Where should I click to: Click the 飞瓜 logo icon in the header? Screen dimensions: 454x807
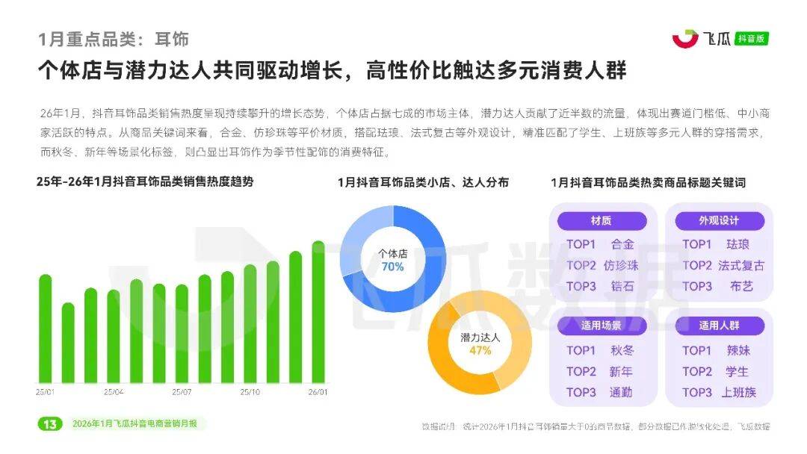pyautogui.click(x=684, y=38)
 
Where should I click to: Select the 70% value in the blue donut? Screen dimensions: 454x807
pyautogui.click(x=392, y=267)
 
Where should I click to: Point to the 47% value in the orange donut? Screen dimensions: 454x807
pyautogui.click(x=480, y=351)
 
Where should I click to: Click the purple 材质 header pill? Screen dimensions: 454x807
pyautogui.click(x=602, y=221)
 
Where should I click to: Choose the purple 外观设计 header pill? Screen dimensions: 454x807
pyautogui.click(x=719, y=221)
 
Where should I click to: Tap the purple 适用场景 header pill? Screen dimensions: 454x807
pyautogui.click(x=602, y=326)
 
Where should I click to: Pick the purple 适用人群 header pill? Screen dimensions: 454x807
pyautogui.click(x=719, y=326)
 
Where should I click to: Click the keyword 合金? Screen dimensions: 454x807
pyautogui.click(x=622, y=244)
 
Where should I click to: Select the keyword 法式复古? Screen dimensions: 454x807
pyautogui.click(x=741, y=265)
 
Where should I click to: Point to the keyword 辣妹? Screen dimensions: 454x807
pyautogui.click(x=738, y=350)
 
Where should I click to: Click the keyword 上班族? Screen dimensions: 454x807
pyautogui.click(x=739, y=392)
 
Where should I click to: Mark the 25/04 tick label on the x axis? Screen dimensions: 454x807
pyautogui.click(x=114, y=391)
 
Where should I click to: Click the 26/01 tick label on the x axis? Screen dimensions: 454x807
pyautogui.click(x=318, y=391)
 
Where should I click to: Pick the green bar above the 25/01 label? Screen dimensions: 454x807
pyautogui.click(x=46, y=329)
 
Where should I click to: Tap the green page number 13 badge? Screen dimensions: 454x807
pyautogui.click(x=49, y=424)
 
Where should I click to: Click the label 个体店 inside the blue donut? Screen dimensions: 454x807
pyautogui.click(x=392, y=252)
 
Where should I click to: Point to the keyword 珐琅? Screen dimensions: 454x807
pyautogui.click(x=738, y=244)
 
